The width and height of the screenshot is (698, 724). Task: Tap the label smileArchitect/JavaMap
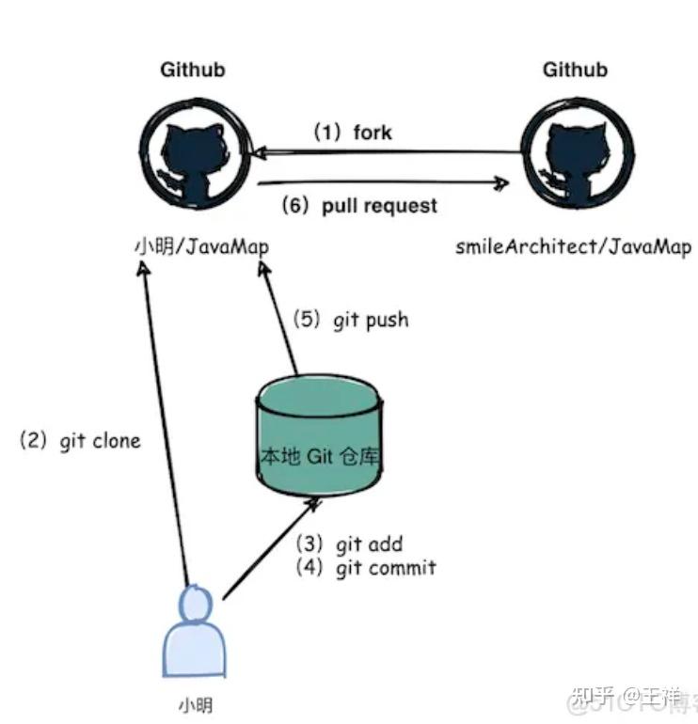tap(573, 247)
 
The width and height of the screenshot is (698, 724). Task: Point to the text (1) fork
tap(353, 133)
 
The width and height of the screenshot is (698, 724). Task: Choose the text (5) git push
tap(351, 320)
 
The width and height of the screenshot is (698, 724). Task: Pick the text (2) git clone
tap(80, 440)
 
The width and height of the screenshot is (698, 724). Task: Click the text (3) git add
tap(349, 544)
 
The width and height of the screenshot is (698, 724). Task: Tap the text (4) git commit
tap(365, 568)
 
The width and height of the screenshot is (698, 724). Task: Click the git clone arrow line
tap(165, 423)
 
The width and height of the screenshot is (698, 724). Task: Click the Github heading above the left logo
tap(192, 70)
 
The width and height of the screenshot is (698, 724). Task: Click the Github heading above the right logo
tap(575, 70)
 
